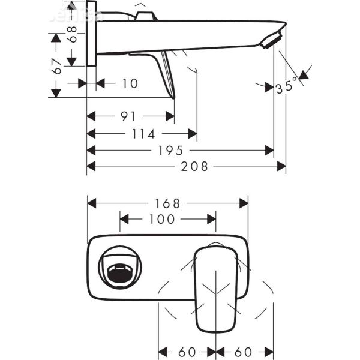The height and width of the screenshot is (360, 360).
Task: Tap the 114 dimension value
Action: point(143,134)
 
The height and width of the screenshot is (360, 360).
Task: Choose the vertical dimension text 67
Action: point(57,66)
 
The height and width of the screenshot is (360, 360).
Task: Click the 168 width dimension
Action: point(169,203)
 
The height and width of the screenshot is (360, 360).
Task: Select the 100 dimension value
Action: point(162,220)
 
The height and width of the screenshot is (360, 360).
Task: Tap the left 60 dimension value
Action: point(187,350)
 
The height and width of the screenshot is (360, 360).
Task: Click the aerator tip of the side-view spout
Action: point(272,40)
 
